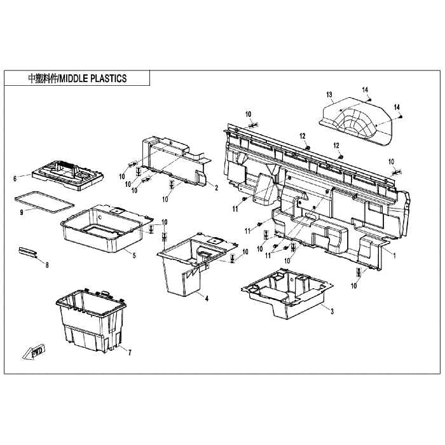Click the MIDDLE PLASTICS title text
[77, 78]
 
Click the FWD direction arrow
[34, 352]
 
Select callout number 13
[329, 95]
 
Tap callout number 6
[15, 179]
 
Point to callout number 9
[22, 212]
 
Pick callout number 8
[47, 265]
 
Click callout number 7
[130, 352]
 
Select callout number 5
[134, 256]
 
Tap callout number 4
[207, 298]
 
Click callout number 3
[332, 311]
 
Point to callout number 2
[217, 188]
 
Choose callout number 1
[394, 256]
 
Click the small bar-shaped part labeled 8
[27, 252]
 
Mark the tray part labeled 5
[107, 228]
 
